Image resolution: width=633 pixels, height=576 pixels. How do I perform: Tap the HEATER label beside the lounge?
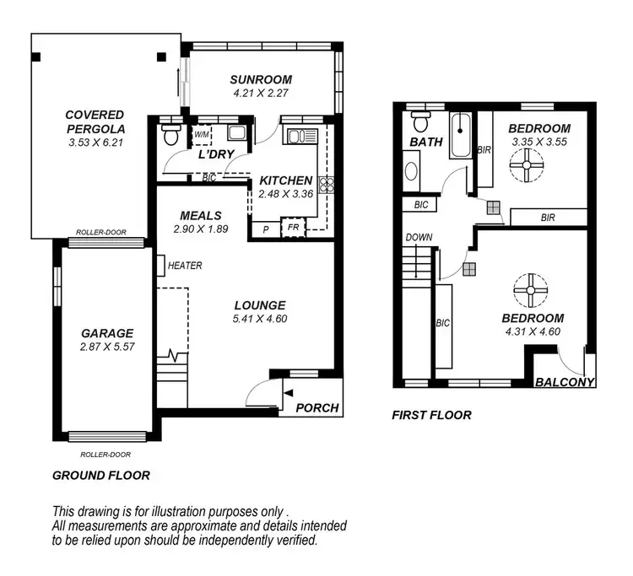point(185,266)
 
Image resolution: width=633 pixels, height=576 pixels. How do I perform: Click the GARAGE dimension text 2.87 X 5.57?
point(107,347)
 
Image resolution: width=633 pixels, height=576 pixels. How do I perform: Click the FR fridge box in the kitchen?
point(293,228)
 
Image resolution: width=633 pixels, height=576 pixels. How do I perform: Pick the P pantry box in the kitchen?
point(265,229)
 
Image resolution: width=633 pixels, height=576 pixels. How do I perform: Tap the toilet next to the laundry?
point(170,135)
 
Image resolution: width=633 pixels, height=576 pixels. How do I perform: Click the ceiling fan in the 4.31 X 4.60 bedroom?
point(532,290)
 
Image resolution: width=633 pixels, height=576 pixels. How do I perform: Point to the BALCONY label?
point(565,382)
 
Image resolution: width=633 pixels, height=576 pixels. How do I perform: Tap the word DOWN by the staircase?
point(419,238)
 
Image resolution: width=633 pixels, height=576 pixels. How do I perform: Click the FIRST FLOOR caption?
point(431,415)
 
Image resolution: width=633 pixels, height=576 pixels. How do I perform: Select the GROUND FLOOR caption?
point(101,476)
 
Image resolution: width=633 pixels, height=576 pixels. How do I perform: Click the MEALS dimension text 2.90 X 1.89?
point(200,229)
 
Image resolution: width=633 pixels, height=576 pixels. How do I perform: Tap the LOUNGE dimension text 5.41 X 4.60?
point(260,319)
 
